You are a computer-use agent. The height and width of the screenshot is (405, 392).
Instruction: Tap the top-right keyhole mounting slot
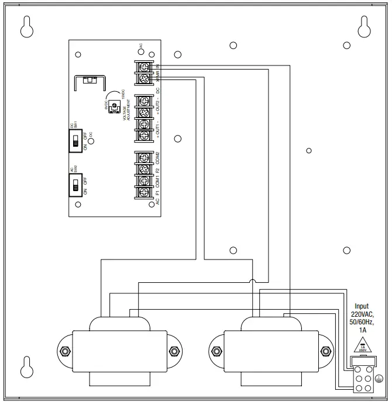pyautogui.click(x=363, y=27)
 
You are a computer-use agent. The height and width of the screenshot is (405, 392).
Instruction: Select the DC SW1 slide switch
pyautogui.click(x=76, y=140)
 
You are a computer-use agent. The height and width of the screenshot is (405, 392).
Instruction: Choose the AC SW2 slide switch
pyautogui.click(x=76, y=186)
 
